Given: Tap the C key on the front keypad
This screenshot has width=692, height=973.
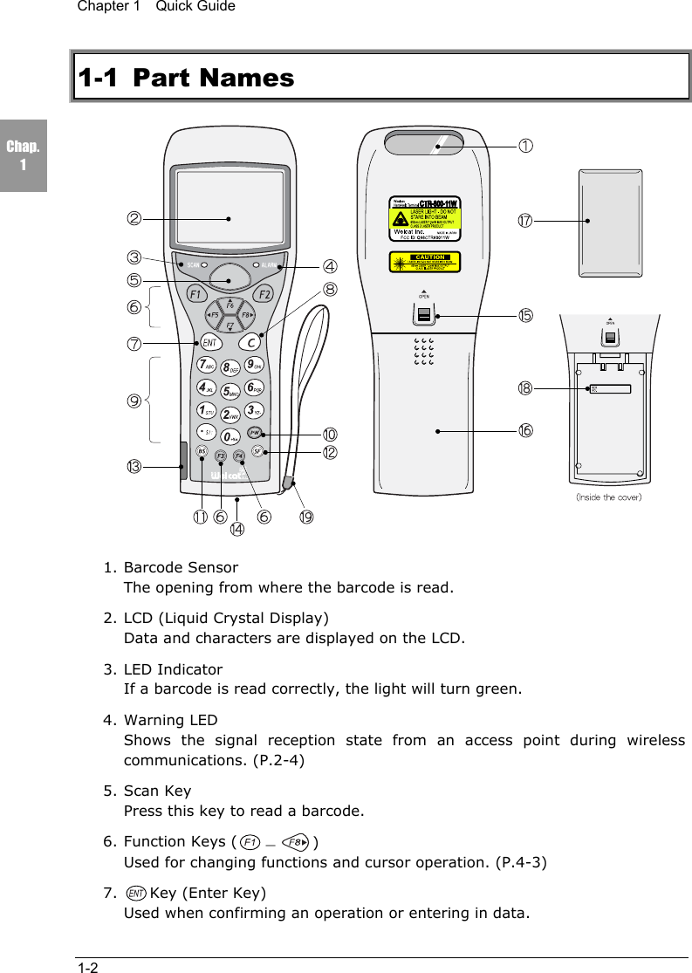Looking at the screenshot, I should pos(250,341).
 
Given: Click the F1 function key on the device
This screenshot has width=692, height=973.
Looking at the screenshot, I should pos(195,293).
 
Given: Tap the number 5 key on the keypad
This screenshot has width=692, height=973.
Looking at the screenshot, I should pos(230,391).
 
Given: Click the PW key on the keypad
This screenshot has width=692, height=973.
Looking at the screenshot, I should pos(254,432).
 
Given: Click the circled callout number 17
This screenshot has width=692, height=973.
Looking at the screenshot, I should pos(525,222).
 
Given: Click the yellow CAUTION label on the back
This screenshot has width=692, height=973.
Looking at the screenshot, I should pos(423,261).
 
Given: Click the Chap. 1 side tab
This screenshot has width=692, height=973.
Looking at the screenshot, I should pos(24,157).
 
